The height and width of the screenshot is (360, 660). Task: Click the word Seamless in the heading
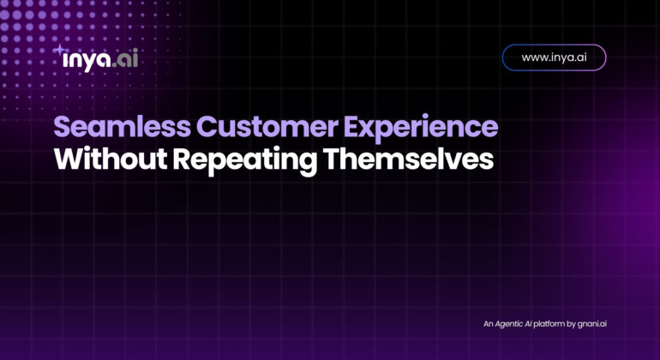tap(122, 127)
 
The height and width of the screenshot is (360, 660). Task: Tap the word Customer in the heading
tap(267, 127)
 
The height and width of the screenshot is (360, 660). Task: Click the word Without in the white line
tap(111, 159)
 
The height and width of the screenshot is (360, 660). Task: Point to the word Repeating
tap(245, 161)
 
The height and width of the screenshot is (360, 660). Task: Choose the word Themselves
tap(408, 159)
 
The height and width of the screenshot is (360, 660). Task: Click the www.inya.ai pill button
tap(554, 57)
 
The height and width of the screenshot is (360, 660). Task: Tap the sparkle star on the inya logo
tap(60, 50)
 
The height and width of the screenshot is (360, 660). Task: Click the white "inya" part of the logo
tap(87, 60)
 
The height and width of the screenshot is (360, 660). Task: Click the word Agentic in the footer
tap(508, 324)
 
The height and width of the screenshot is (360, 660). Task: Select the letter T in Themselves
tap(332, 159)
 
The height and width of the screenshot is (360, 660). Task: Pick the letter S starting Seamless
tap(63, 127)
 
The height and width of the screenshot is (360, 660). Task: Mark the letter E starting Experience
tap(352, 127)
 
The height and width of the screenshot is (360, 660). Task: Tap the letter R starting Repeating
tap(183, 159)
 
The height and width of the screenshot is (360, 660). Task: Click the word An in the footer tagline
tap(488, 324)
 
